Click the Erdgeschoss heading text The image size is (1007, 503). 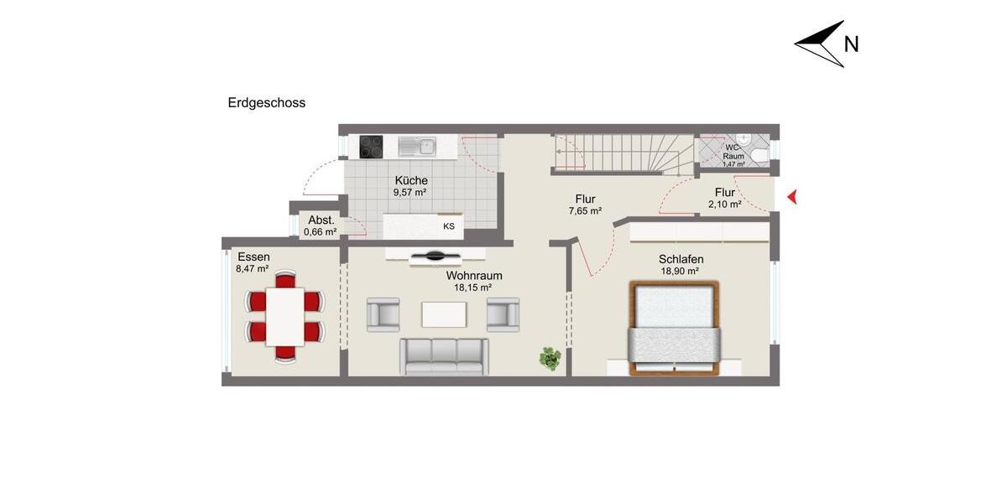click(x=267, y=103)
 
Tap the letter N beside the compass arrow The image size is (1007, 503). click(x=851, y=44)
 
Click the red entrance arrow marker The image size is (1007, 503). click(x=790, y=198)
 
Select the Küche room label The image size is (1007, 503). click(x=411, y=180)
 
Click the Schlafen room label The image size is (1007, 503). click(x=681, y=259)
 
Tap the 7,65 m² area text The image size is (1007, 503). click(x=585, y=211)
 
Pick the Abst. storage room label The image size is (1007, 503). click(x=321, y=220)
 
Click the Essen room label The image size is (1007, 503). click(x=253, y=257)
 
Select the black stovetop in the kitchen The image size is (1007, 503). click(x=371, y=147)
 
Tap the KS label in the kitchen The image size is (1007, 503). click(x=449, y=226)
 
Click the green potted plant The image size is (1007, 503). click(x=550, y=359)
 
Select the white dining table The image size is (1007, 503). click(x=285, y=316)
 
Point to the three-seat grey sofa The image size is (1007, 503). click(x=443, y=355)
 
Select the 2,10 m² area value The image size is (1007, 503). click(x=724, y=204)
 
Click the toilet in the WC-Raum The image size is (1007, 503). click(x=759, y=154)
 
